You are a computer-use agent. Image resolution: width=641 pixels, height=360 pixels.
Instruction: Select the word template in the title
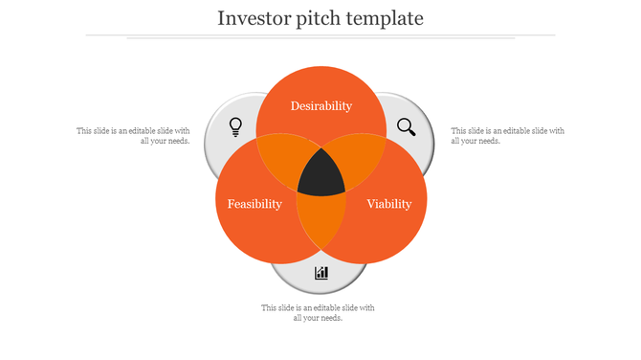click(387, 18)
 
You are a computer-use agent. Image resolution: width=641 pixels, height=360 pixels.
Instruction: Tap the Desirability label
click(321, 106)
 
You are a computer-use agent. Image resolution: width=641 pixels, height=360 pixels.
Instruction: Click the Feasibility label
click(254, 204)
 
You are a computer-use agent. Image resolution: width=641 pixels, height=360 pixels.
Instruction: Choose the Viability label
click(388, 204)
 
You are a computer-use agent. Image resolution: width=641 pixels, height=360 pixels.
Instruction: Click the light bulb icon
click(235, 126)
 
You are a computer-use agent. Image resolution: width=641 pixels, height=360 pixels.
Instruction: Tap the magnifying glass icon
click(407, 126)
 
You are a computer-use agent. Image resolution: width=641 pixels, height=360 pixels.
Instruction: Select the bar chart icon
click(321, 274)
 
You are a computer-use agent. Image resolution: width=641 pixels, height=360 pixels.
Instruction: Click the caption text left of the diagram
click(133, 135)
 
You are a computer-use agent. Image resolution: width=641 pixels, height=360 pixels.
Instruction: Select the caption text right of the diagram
click(507, 135)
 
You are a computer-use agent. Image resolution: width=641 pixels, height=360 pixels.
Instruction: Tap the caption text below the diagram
click(318, 313)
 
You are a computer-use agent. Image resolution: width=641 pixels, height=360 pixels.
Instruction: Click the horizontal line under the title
click(320, 35)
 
